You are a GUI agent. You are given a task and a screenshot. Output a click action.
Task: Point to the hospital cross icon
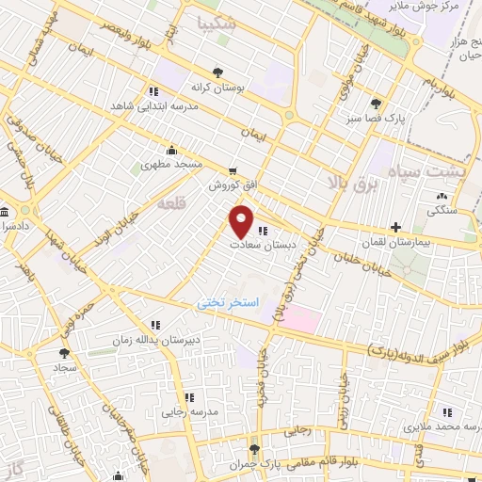coord(396,227)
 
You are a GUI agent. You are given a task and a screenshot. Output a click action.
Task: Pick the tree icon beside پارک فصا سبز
coord(377,104)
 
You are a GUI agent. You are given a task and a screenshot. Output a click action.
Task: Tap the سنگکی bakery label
coord(442,212)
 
